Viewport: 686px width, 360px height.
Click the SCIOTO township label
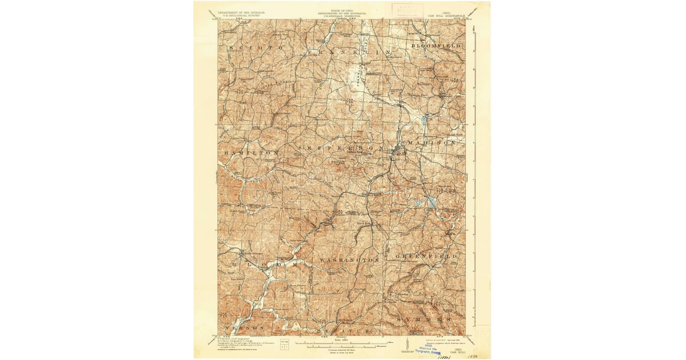pyautogui.click(x=253, y=48)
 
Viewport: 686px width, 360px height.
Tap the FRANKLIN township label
pyautogui.click(x=350, y=52)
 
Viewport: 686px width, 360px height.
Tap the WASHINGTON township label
pyautogui.click(x=349, y=259)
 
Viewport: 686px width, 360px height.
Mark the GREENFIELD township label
pyautogui.click(x=426, y=257)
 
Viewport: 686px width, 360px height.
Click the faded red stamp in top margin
pyautogui.click(x=406, y=10)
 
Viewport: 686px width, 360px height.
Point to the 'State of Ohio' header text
pyautogui.click(x=342, y=11)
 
